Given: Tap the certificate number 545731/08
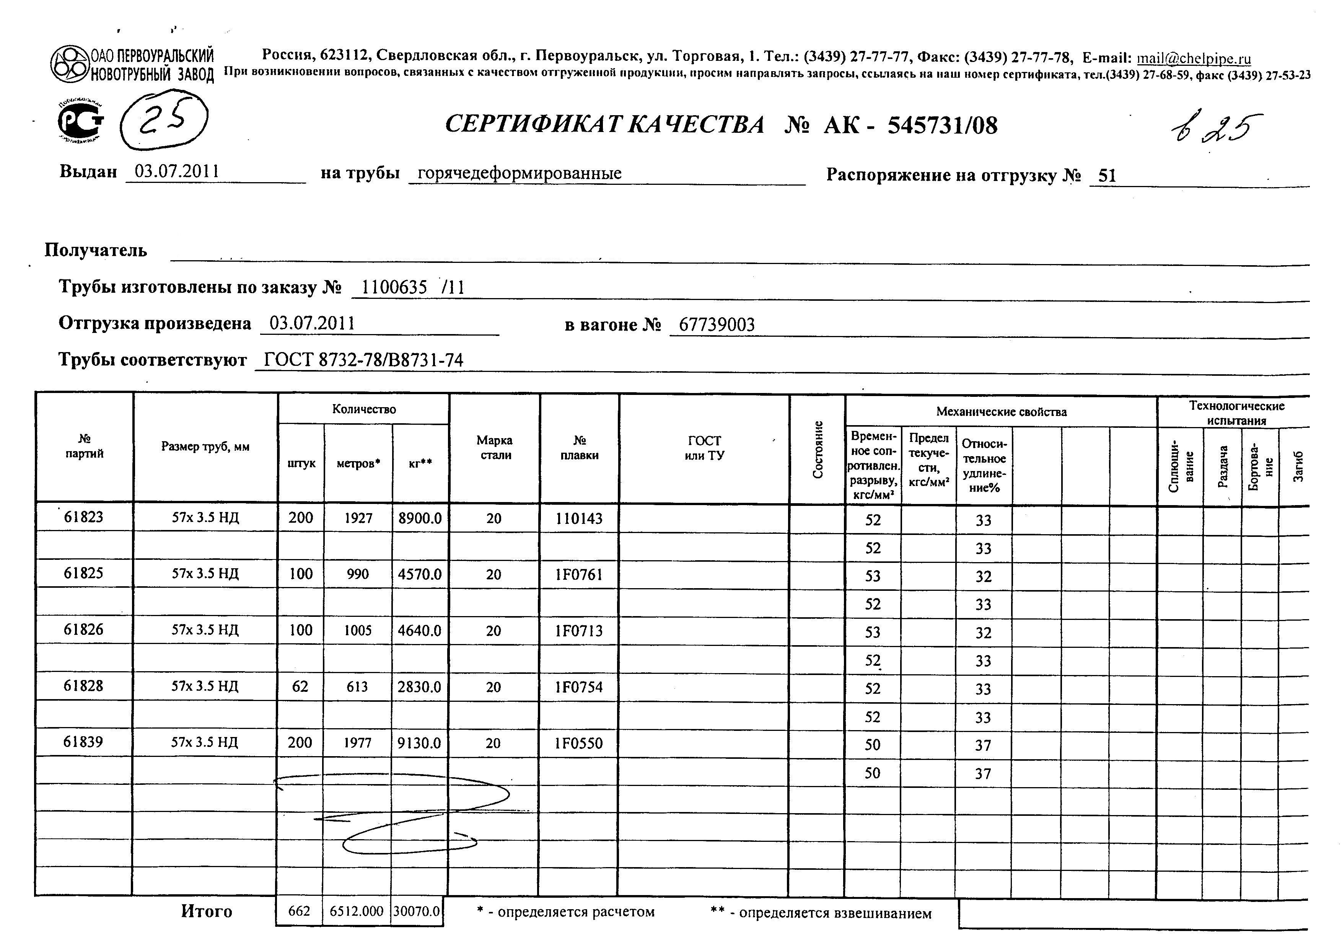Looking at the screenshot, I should coord(942,125).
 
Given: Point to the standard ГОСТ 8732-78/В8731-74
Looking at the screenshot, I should coord(363,360).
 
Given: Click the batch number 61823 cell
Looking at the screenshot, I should coord(83,517).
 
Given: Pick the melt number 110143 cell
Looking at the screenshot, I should coord(579,519).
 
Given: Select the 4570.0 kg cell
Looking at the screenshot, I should coord(420,574).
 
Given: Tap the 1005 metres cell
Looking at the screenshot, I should coord(358,630).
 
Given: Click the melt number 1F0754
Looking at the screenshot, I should coord(579,686).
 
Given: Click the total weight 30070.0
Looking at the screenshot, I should coord(417,911).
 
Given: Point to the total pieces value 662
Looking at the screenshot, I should coord(299,911).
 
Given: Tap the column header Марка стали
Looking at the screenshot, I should coord(495,448).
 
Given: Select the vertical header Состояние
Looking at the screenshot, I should coord(818,449).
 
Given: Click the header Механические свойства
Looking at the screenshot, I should coord(1001,412).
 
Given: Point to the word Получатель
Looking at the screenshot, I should coord(96,250).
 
